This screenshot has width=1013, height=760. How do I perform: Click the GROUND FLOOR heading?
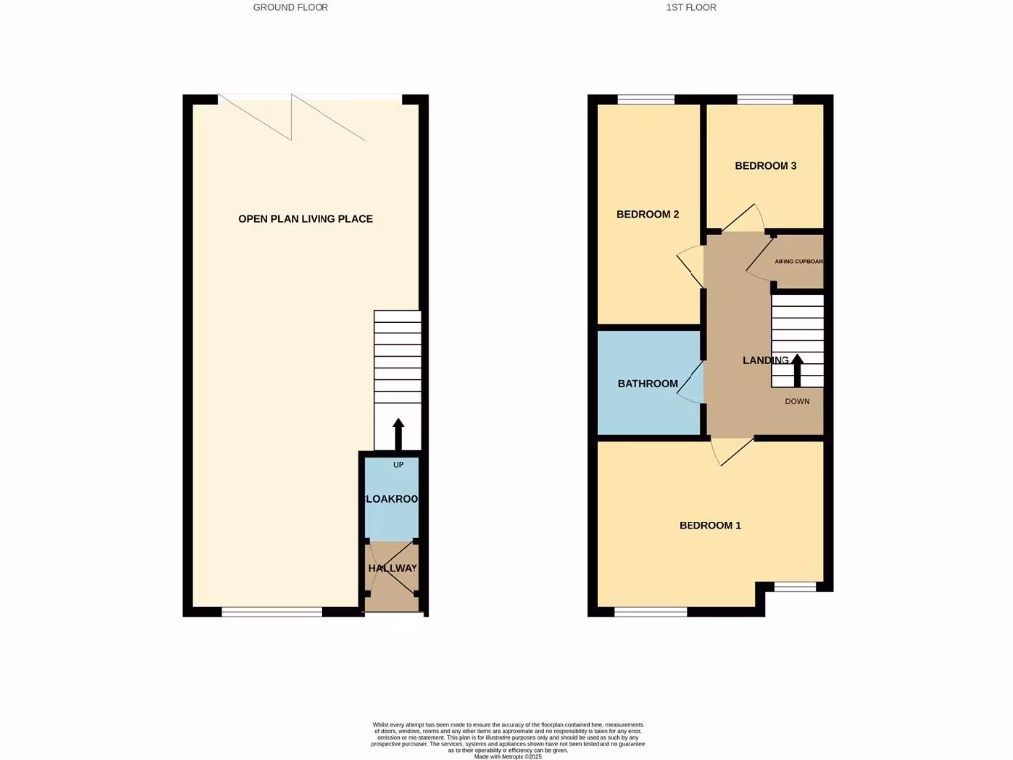click(290, 7)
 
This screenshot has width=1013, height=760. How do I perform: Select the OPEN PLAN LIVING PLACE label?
click(306, 218)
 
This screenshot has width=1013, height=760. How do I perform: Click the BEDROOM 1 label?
click(709, 525)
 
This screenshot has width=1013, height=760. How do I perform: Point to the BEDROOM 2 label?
click(647, 214)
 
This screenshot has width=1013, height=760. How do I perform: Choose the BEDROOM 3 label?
click(766, 166)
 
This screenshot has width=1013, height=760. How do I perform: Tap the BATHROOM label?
click(648, 384)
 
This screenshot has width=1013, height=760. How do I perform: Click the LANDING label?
click(766, 360)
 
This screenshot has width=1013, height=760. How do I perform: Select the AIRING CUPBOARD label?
click(797, 262)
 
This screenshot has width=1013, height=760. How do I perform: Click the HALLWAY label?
click(393, 568)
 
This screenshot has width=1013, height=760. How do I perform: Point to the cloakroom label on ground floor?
click(393, 500)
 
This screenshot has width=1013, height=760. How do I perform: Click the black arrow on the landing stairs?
click(797, 371)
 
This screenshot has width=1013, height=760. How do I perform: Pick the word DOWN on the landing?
click(797, 401)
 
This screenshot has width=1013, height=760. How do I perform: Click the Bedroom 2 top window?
click(646, 99)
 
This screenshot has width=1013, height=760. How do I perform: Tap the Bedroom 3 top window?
click(765, 99)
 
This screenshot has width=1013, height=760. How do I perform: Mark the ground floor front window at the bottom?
click(271, 612)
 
